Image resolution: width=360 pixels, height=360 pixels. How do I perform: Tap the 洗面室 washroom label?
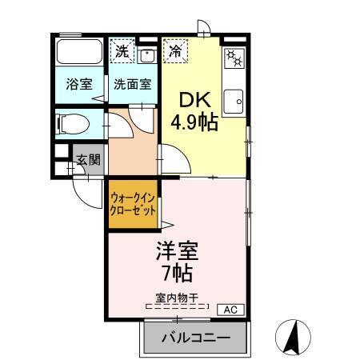coord(131,83)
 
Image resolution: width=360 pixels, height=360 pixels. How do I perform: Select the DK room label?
coord(192,102)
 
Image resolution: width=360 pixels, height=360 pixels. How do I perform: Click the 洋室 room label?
coord(176,250)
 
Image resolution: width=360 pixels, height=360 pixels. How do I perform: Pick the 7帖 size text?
coord(177,274)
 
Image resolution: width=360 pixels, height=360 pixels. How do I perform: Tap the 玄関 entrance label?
coord(88,159)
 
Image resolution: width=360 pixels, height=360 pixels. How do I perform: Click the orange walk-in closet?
coord(132,206)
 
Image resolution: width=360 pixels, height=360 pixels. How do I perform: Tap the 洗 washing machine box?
coord(122,51)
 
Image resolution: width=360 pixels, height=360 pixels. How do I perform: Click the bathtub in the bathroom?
coord(78,53)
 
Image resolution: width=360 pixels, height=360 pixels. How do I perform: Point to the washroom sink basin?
coord(147,55)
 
